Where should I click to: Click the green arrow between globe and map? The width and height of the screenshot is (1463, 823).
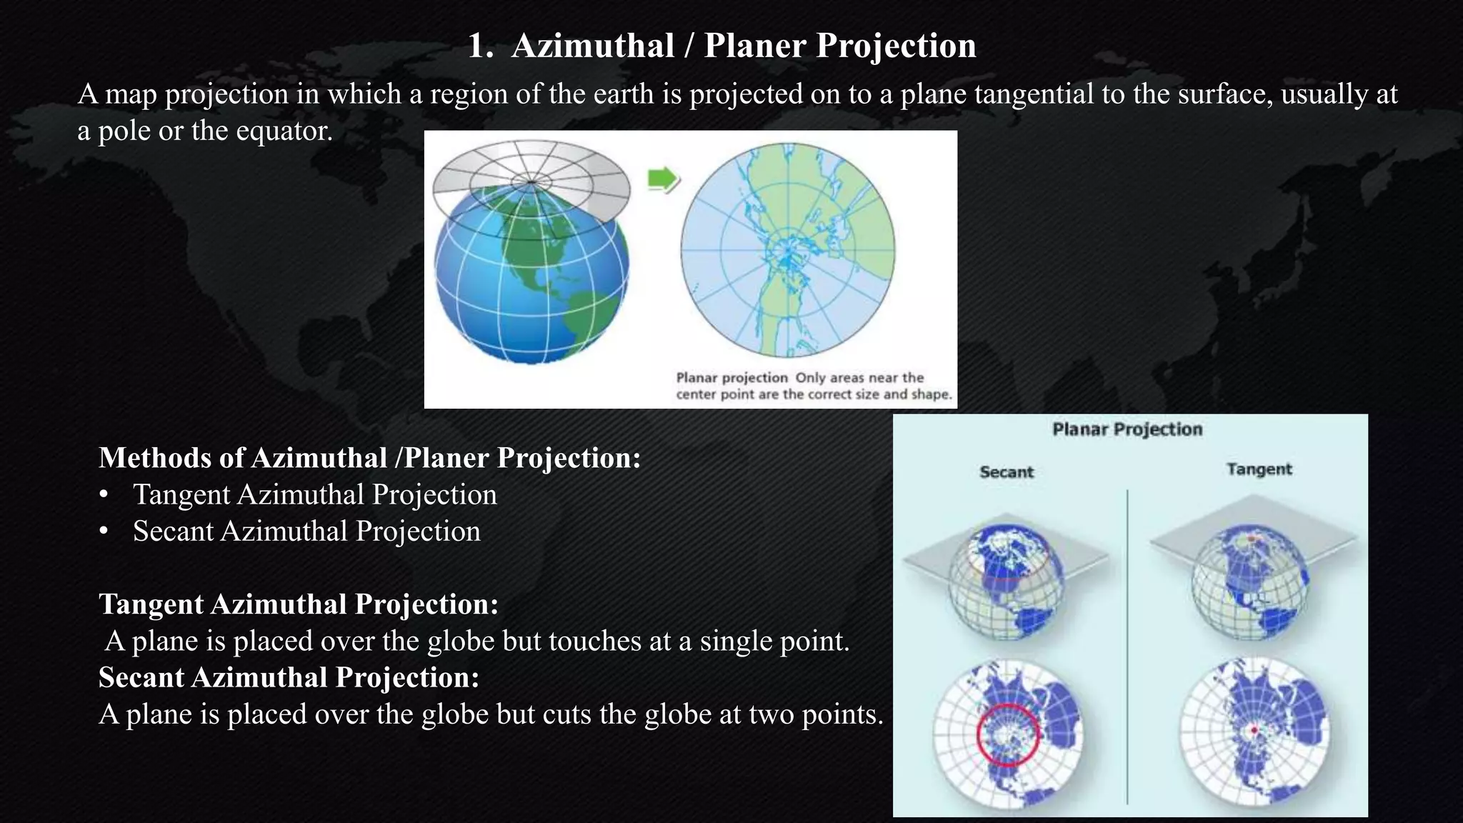663,180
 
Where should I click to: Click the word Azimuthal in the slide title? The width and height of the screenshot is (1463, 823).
593,46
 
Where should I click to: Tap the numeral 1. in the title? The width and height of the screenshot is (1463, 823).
481,46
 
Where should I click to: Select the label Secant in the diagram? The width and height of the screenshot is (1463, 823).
1007,472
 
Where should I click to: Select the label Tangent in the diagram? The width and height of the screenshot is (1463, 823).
1259,469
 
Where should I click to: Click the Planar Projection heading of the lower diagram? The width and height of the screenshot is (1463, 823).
1127,429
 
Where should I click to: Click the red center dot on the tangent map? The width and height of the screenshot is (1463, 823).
1253,730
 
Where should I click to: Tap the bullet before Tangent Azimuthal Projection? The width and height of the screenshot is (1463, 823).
104,495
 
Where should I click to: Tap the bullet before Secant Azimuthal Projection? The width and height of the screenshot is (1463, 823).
104,532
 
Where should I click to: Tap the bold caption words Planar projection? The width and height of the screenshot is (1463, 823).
731,378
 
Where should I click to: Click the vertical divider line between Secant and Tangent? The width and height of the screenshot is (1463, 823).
1127,643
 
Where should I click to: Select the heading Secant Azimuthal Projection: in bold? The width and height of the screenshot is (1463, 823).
289,677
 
